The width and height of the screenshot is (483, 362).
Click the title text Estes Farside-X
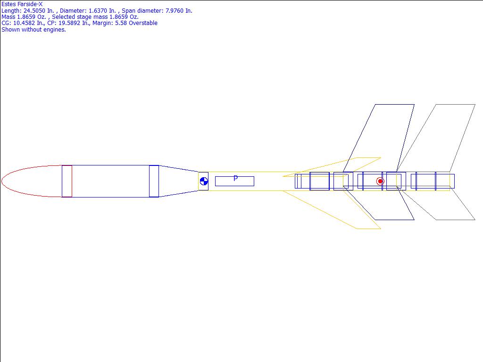22,4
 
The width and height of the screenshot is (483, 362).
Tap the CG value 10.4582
24,23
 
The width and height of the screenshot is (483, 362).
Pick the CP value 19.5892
69,23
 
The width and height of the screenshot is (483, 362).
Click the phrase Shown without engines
33,30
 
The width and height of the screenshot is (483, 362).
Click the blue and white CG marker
204,181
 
